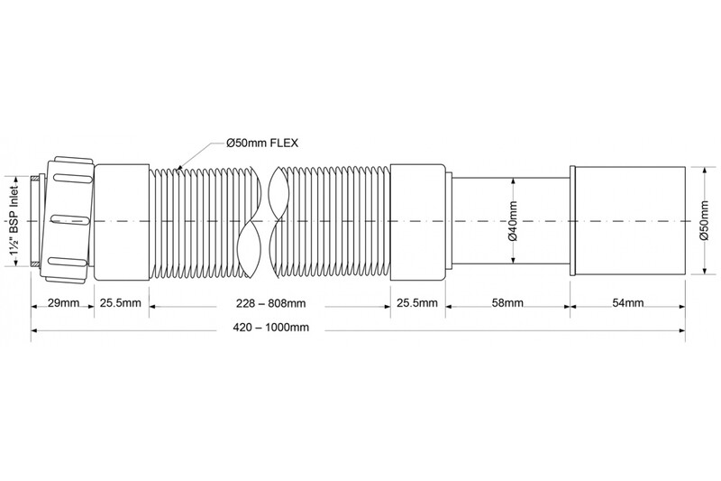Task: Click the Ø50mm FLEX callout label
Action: pyautogui.click(x=262, y=143)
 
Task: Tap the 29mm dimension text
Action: pyautogui.click(x=63, y=303)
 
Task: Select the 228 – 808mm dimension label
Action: pyautogui.click(x=271, y=303)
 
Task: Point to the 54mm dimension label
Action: pyautogui.click(x=627, y=303)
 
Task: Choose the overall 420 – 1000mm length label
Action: pyautogui.click(x=271, y=328)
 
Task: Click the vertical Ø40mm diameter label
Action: pyautogui.click(x=513, y=221)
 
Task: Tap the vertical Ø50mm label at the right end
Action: pyautogui.click(x=704, y=220)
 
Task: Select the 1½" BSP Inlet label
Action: pyautogui.click(x=15, y=221)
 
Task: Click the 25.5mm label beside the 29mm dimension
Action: pyautogui.click(x=122, y=303)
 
